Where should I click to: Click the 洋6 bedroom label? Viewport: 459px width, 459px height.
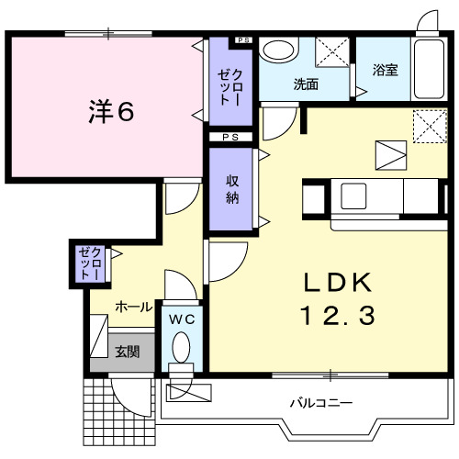[112, 111]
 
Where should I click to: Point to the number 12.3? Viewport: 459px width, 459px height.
[336, 317]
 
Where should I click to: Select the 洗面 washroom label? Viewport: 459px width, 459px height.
[305, 84]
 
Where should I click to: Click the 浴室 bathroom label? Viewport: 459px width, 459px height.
[385, 69]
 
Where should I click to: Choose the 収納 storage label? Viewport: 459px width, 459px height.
[233, 188]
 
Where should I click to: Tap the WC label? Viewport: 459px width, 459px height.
[181, 319]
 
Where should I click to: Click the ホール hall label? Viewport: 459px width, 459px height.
[133, 307]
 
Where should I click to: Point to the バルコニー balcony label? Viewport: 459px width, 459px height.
[321, 402]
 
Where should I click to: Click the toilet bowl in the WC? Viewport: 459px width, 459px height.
[181, 349]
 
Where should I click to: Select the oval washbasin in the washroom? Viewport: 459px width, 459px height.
[275, 50]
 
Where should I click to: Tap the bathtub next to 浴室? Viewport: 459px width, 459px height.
[427, 68]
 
